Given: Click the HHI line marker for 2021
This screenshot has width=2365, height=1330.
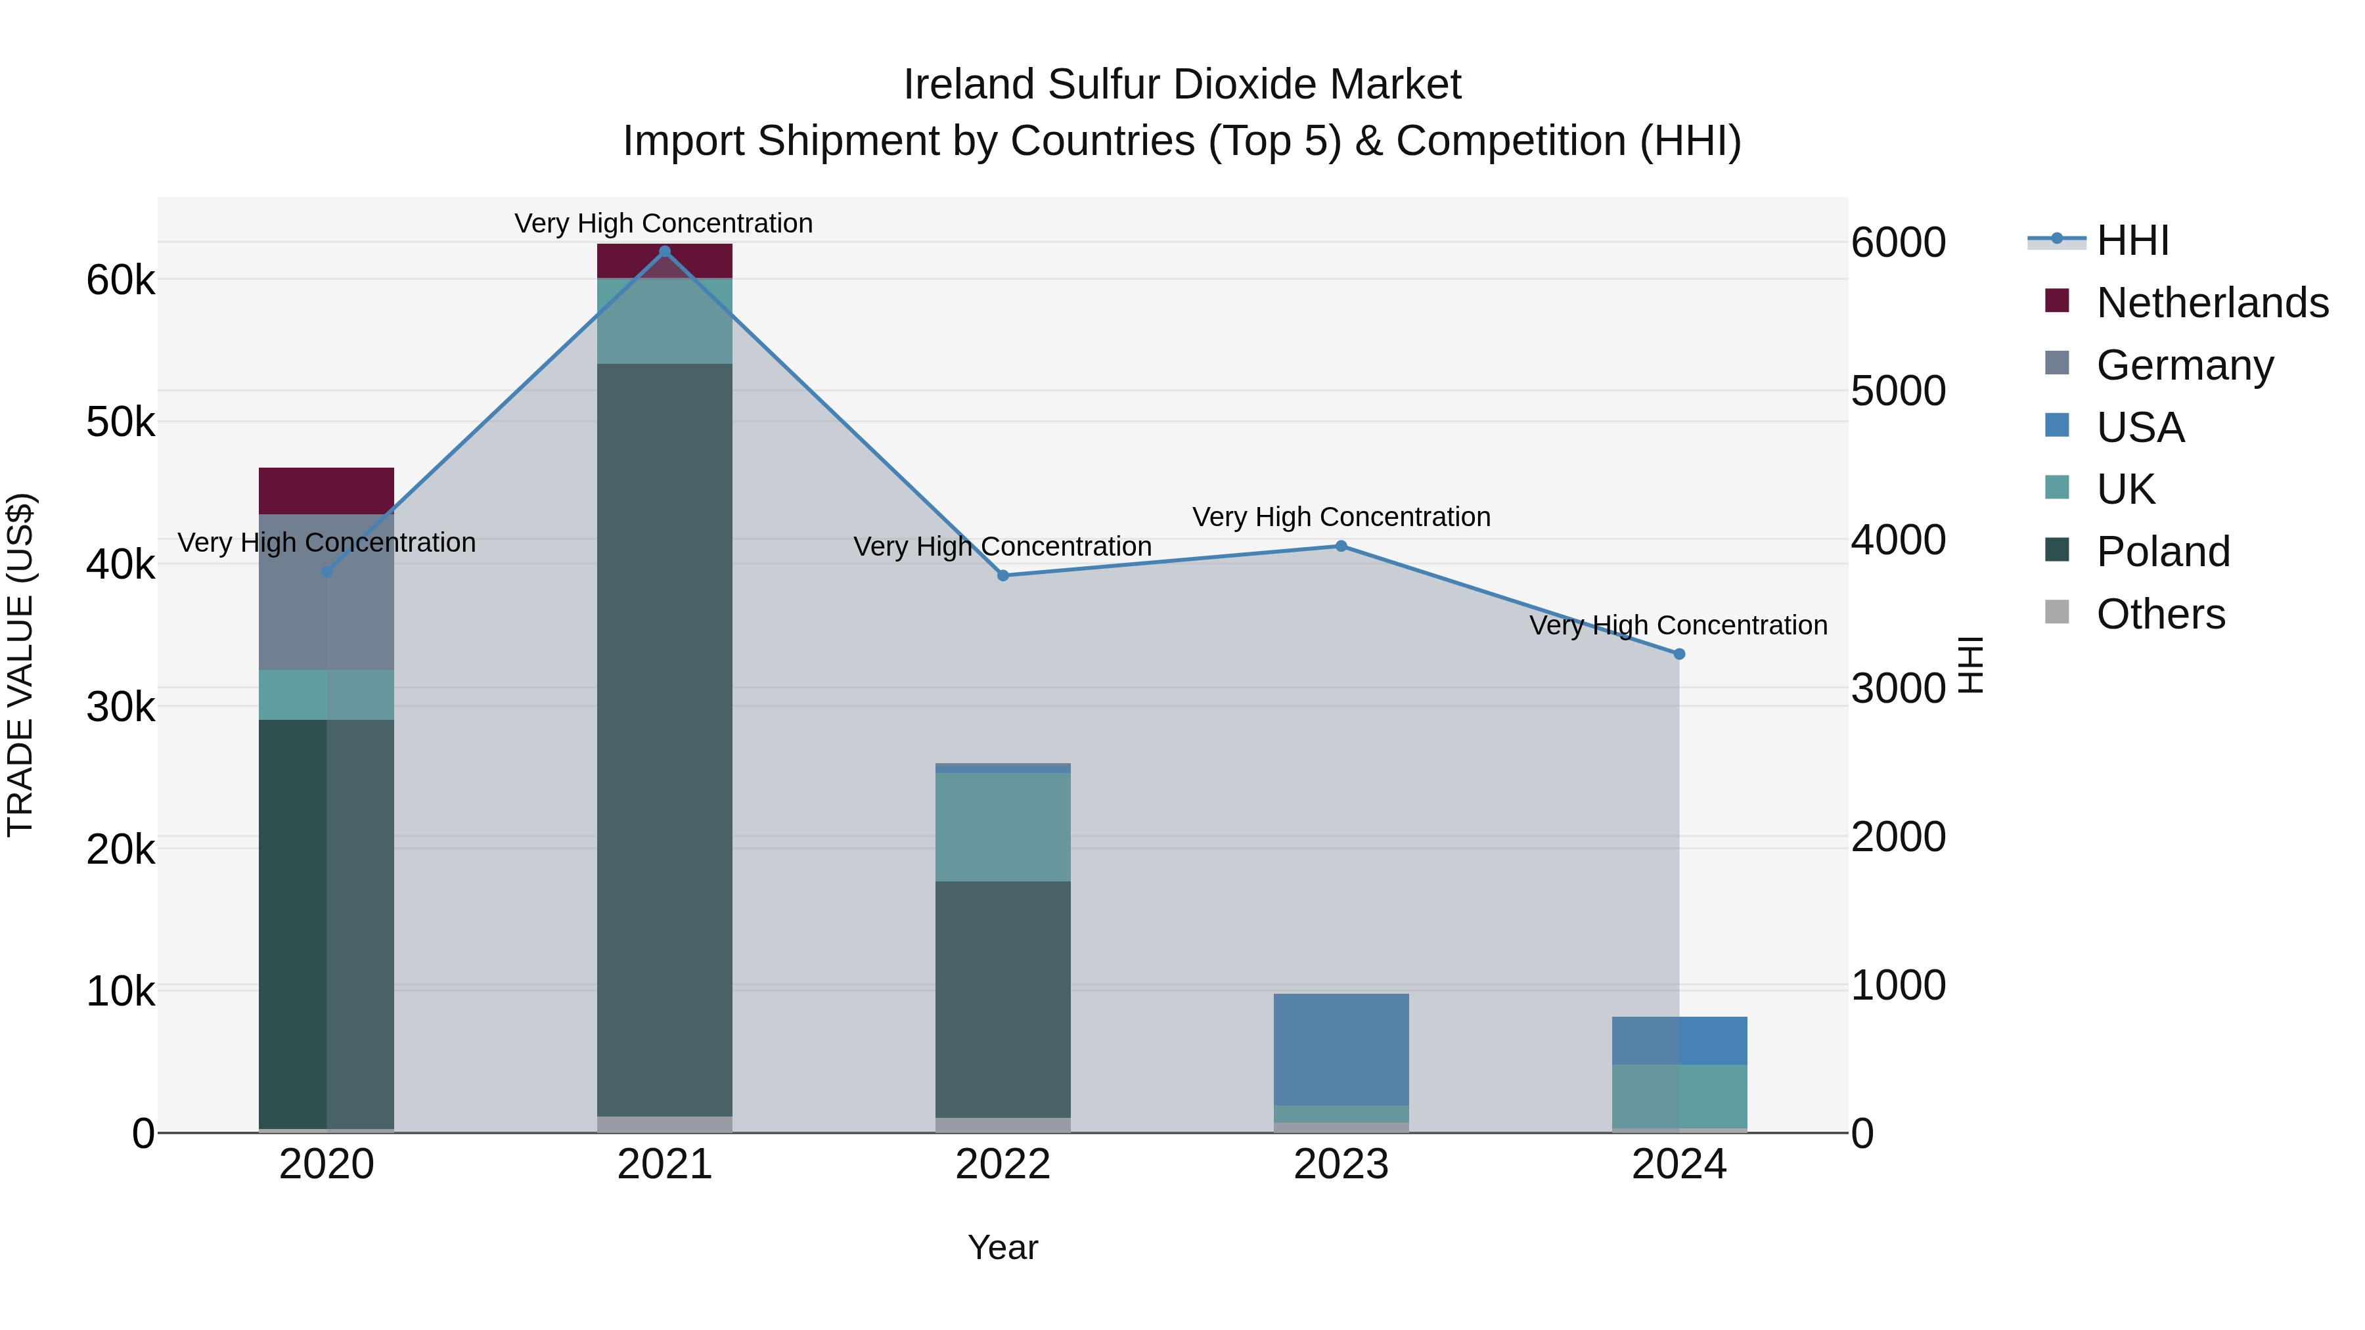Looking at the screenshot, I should pos(665,252).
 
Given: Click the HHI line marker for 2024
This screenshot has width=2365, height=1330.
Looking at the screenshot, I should pos(1679,654).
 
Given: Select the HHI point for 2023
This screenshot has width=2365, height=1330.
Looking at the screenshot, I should pos(1340,546).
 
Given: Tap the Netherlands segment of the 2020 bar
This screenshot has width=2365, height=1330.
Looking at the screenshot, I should pos(326,491).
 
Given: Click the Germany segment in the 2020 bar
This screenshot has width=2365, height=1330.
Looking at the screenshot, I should pos(326,592).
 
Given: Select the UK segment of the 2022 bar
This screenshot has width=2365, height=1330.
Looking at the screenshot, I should pos(1002,827).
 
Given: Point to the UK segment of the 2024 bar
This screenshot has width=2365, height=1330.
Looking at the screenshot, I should pos(1679,1096).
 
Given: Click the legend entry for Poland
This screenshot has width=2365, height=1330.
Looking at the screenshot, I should pos(2162,552).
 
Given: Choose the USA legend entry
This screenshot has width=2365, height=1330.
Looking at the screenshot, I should pos(2139,428).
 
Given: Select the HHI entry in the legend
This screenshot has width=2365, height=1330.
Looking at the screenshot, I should pos(2132,240).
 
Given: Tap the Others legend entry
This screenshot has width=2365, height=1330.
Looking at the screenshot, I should pos(2159,614).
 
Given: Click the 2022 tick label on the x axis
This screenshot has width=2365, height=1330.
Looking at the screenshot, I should pos(1002,1164).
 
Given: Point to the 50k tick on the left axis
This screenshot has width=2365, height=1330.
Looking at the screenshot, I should pos(120,422).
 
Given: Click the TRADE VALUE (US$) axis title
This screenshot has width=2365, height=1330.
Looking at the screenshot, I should pos(20,665).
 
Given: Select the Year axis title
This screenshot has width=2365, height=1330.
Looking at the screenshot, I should pos(1002,1247).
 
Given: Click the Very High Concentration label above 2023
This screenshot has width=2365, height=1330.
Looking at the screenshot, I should pos(1340,517).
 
